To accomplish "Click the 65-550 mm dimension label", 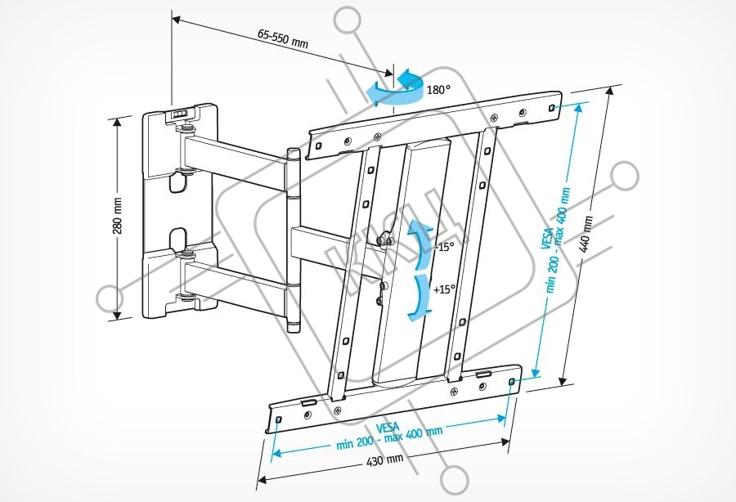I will coord(282,38).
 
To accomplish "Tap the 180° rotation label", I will coord(438,89).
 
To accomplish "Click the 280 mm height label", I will coord(118,214).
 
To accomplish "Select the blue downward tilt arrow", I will coord(420,296).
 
